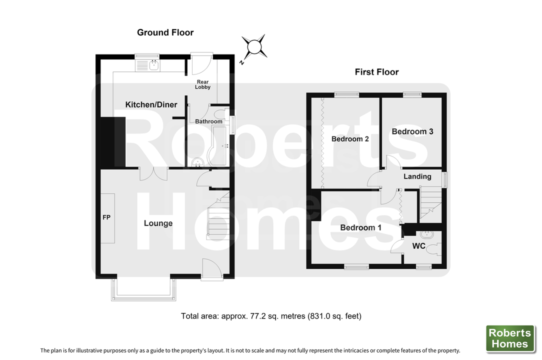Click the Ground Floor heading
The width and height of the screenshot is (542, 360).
[165, 32]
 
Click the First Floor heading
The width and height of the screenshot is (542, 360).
[377, 72]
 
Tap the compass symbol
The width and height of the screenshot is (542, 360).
[254, 46]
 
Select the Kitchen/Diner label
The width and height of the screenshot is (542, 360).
[151, 104]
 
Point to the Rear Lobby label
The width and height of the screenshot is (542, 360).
[202, 84]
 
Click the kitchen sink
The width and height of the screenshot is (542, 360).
[147, 65]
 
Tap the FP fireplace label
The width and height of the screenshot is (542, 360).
[106, 217]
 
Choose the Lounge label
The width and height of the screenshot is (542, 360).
[158, 223]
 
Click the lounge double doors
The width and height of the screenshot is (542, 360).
[154, 173]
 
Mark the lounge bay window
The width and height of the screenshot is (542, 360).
[143, 289]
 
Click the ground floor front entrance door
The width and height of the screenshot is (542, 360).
[211, 269]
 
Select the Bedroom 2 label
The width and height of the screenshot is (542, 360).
[350, 139]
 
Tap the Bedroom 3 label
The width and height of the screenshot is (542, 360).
[412, 131]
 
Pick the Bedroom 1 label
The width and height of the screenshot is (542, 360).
[360, 227]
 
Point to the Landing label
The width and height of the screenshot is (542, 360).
[417, 176]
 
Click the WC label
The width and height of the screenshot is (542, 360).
[418, 246]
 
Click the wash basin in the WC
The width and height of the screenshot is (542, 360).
[427, 234]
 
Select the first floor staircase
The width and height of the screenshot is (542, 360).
[430, 204]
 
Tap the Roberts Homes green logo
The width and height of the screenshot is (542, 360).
[510, 338]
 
